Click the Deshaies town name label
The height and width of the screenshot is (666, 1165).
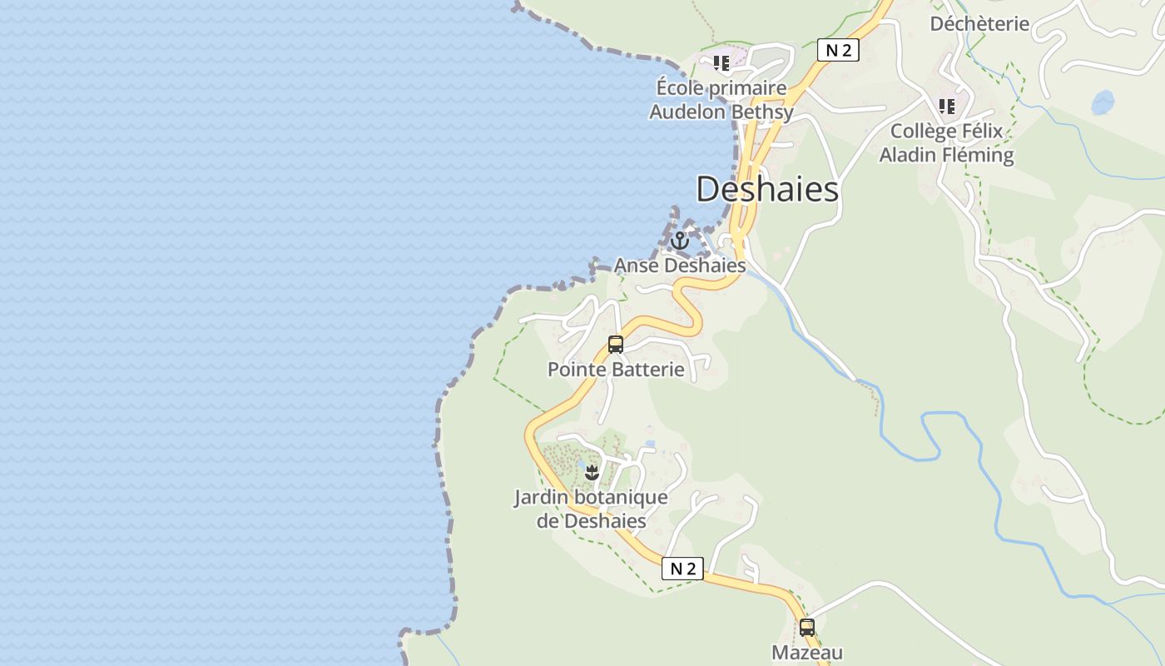766,189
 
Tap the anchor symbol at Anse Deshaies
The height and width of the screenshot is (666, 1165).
680,241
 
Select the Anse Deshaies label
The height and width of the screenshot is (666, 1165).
680,266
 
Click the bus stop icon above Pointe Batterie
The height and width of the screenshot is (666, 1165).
616,344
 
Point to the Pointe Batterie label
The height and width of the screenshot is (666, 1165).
616,369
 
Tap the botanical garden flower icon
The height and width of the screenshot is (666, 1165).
592,473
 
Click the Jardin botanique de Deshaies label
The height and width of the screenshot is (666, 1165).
591,509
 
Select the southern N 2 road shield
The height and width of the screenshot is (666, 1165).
682,569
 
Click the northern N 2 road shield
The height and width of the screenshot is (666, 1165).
837,50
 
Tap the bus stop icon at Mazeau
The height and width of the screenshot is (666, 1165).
806,627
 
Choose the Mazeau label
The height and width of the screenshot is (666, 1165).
807,653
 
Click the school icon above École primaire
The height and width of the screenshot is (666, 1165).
721,62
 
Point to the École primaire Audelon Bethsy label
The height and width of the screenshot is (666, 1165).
721,100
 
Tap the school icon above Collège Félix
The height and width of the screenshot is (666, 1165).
946,106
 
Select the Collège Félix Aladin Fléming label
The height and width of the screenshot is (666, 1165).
947,143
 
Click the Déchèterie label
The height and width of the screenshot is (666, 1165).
979,23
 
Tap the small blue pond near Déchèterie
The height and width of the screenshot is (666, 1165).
1103,102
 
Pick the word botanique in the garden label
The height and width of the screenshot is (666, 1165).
620,498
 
